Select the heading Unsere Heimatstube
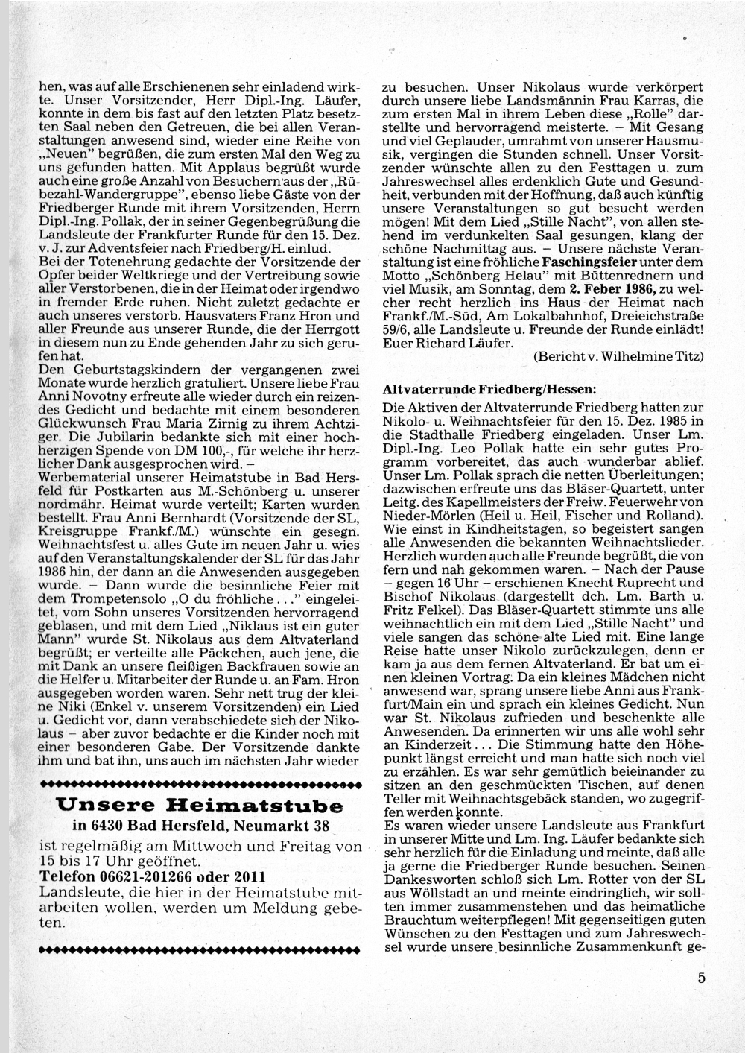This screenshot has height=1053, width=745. point(200,806)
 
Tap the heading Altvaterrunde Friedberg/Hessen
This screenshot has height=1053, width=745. point(489,389)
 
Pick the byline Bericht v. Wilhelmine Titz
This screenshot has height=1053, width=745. point(618,356)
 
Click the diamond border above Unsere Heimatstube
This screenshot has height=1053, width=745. point(200,783)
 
